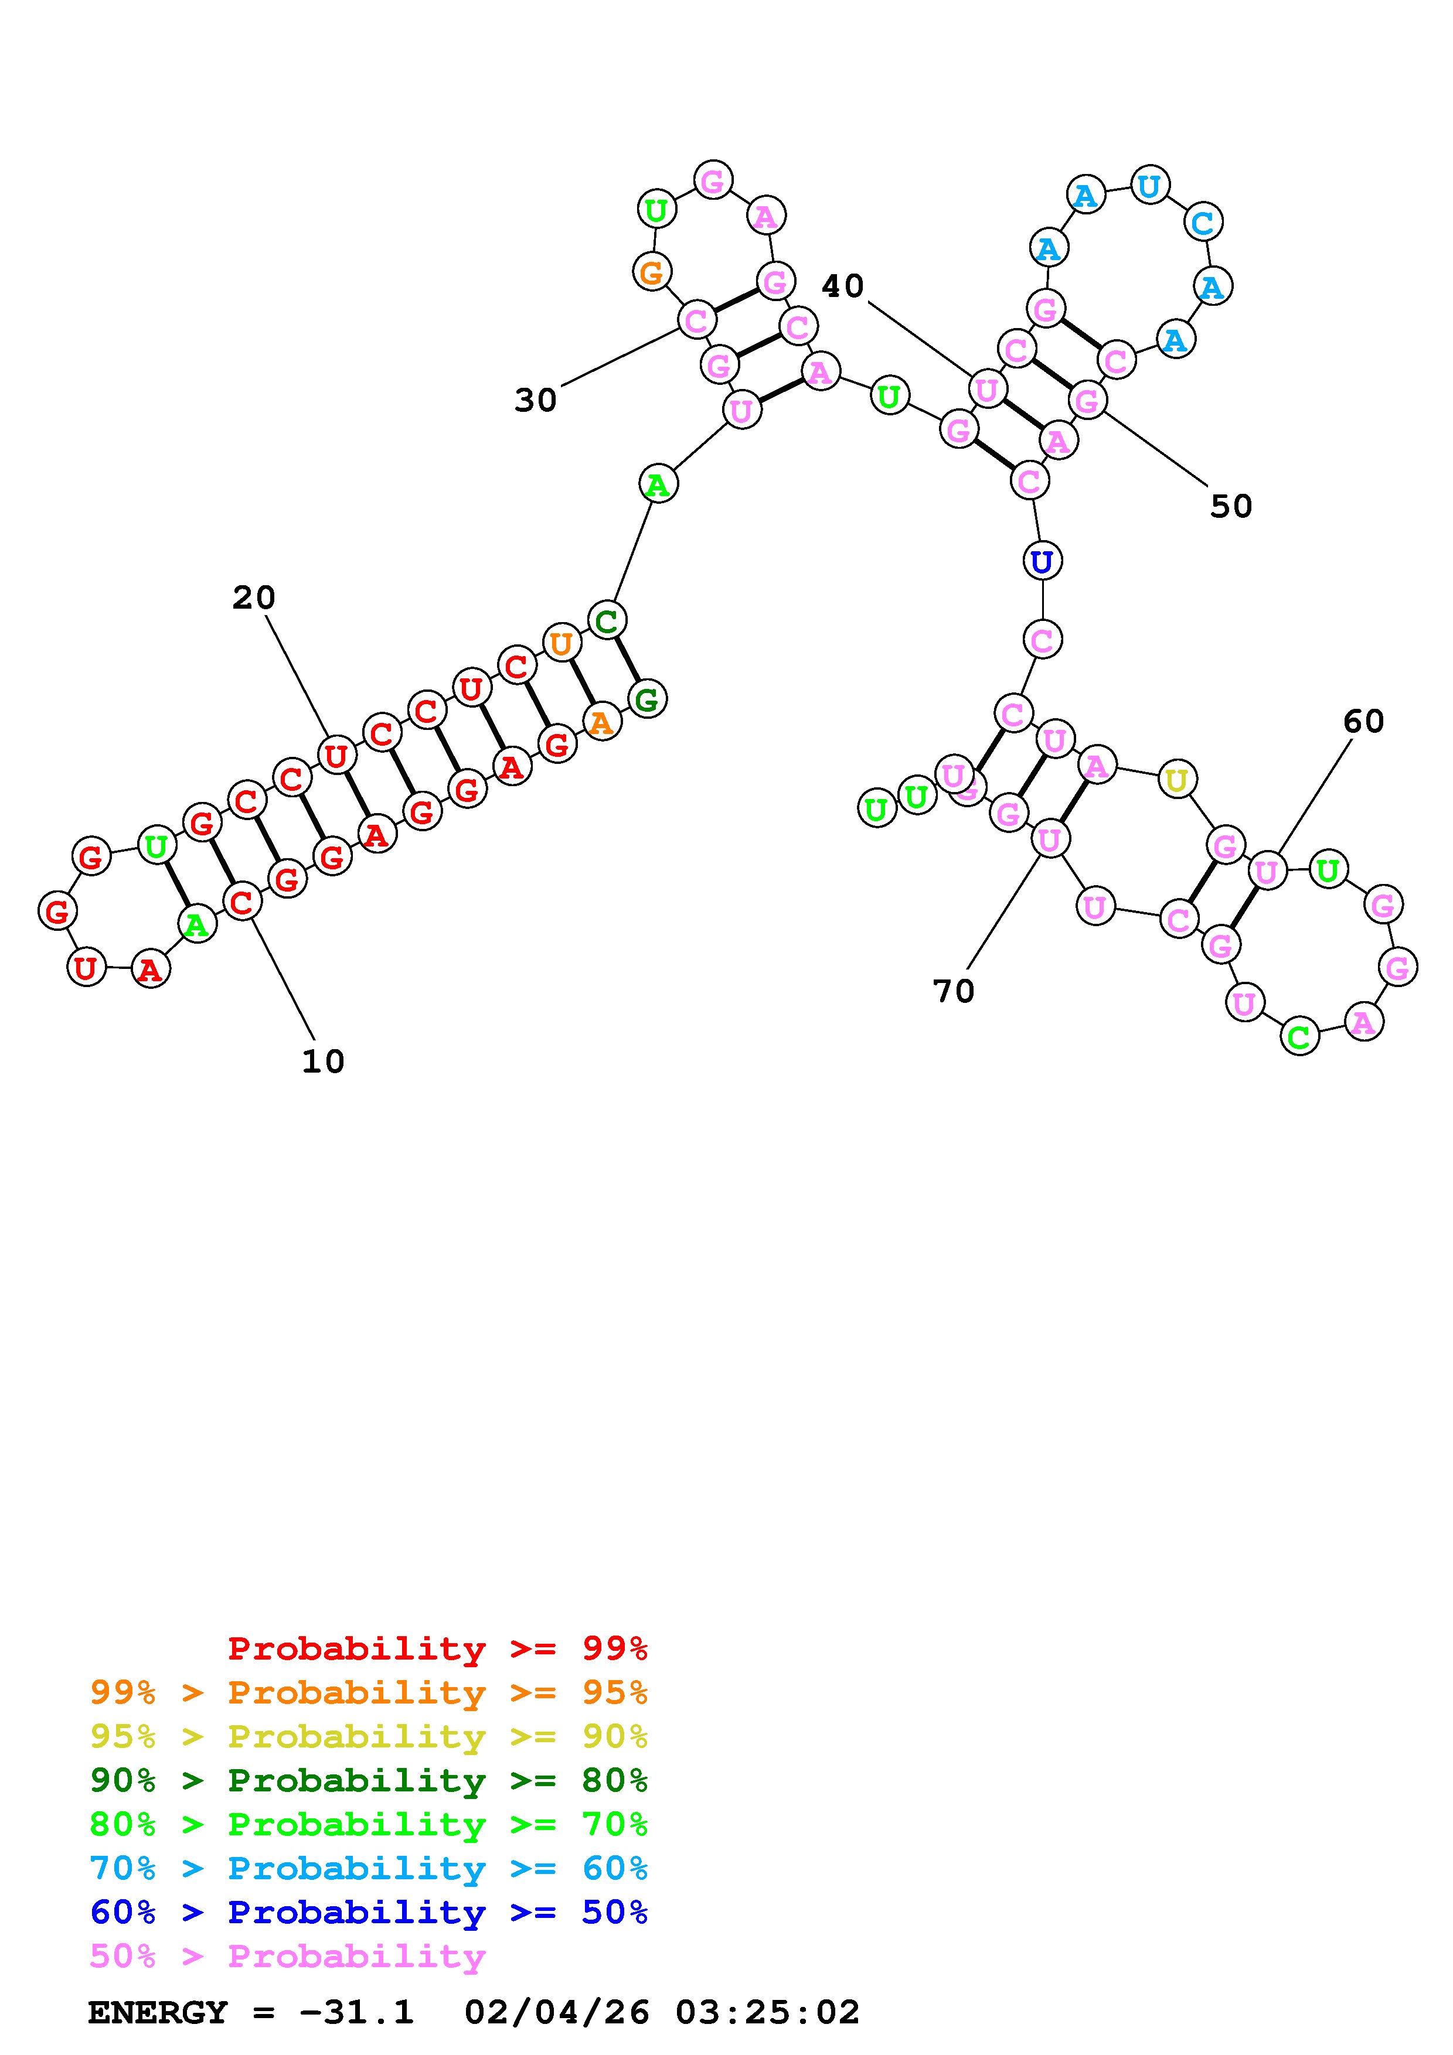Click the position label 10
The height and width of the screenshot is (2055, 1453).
[x=323, y=1061]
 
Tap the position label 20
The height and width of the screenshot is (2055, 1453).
[x=254, y=598]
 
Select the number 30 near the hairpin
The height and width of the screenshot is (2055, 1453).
[x=535, y=401]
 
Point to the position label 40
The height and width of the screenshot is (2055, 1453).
[x=842, y=286]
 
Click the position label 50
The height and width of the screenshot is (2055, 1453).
[x=1231, y=507]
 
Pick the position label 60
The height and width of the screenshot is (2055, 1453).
[x=1363, y=721]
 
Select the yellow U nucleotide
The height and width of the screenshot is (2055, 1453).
[x=1176, y=780]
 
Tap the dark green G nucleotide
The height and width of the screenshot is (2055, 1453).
[x=646, y=698]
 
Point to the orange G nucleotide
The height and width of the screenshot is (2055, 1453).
[x=652, y=271]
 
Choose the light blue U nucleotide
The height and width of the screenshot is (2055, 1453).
[x=1149, y=186]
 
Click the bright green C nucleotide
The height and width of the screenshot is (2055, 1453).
[x=1299, y=1037]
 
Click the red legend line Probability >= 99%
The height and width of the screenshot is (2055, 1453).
[x=438, y=1648]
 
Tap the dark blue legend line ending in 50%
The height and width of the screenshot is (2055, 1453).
[x=369, y=1913]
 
